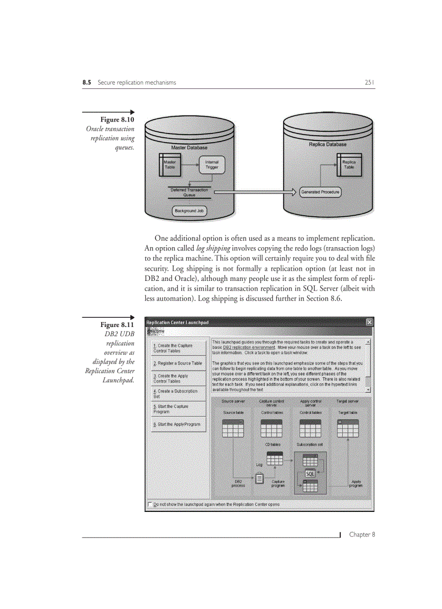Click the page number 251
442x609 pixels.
click(x=369, y=82)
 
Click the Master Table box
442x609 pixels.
click(x=170, y=164)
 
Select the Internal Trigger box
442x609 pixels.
click(x=211, y=164)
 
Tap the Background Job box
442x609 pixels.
click(x=189, y=211)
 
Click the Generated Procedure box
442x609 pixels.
click(x=320, y=192)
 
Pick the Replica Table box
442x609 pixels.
click(x=349, y=164)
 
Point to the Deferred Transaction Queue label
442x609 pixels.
click(x=189, y=192)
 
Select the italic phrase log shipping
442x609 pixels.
click(x=213, y=248)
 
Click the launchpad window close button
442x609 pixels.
click(x=369, y=322)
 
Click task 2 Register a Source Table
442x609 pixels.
click(x=178, y=363)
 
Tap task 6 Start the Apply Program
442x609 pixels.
click(x=177, y=424)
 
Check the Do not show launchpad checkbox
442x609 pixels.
click(x=149, y=504)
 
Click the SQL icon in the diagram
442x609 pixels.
click(x=310, y=473)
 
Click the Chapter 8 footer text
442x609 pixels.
click(x=362, y=534)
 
